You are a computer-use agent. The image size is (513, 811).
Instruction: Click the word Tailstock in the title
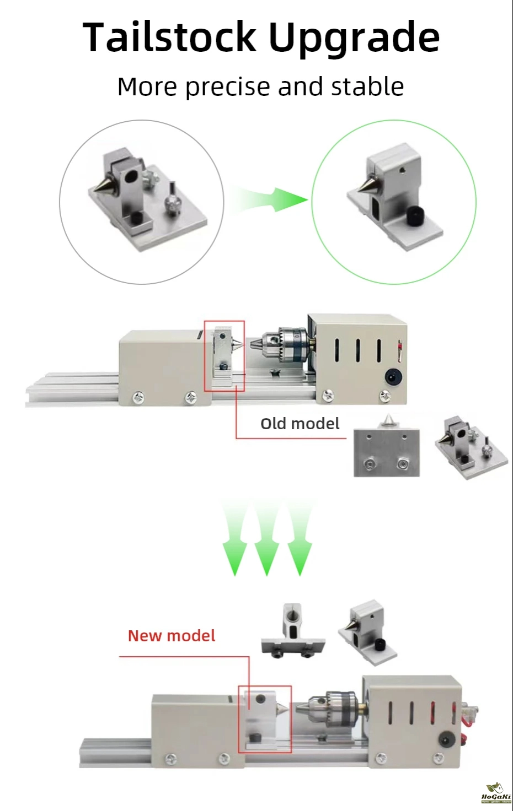pyautogui.click(x=169, y=37)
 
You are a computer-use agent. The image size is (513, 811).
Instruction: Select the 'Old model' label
pyautogui.click(x=300, y=423)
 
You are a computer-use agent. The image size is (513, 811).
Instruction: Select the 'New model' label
pyautogui.click(x=171, y=635)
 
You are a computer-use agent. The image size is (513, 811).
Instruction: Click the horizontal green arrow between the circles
pyautogui.click(x=270, y=199)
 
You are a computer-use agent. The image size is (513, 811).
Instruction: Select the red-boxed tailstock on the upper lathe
pyautogui.click(x=224, y=356)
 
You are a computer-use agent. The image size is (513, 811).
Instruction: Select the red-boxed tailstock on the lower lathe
pyautogui.click(x=264, y=718)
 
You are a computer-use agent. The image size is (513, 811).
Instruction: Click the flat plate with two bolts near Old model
pyautogui.click(x=386, y=452)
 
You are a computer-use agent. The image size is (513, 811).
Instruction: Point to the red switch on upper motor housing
pyautogui.click(x=399, y=347)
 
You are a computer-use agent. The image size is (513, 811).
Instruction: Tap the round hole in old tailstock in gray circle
pyautogui.click(x=130, y=177)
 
